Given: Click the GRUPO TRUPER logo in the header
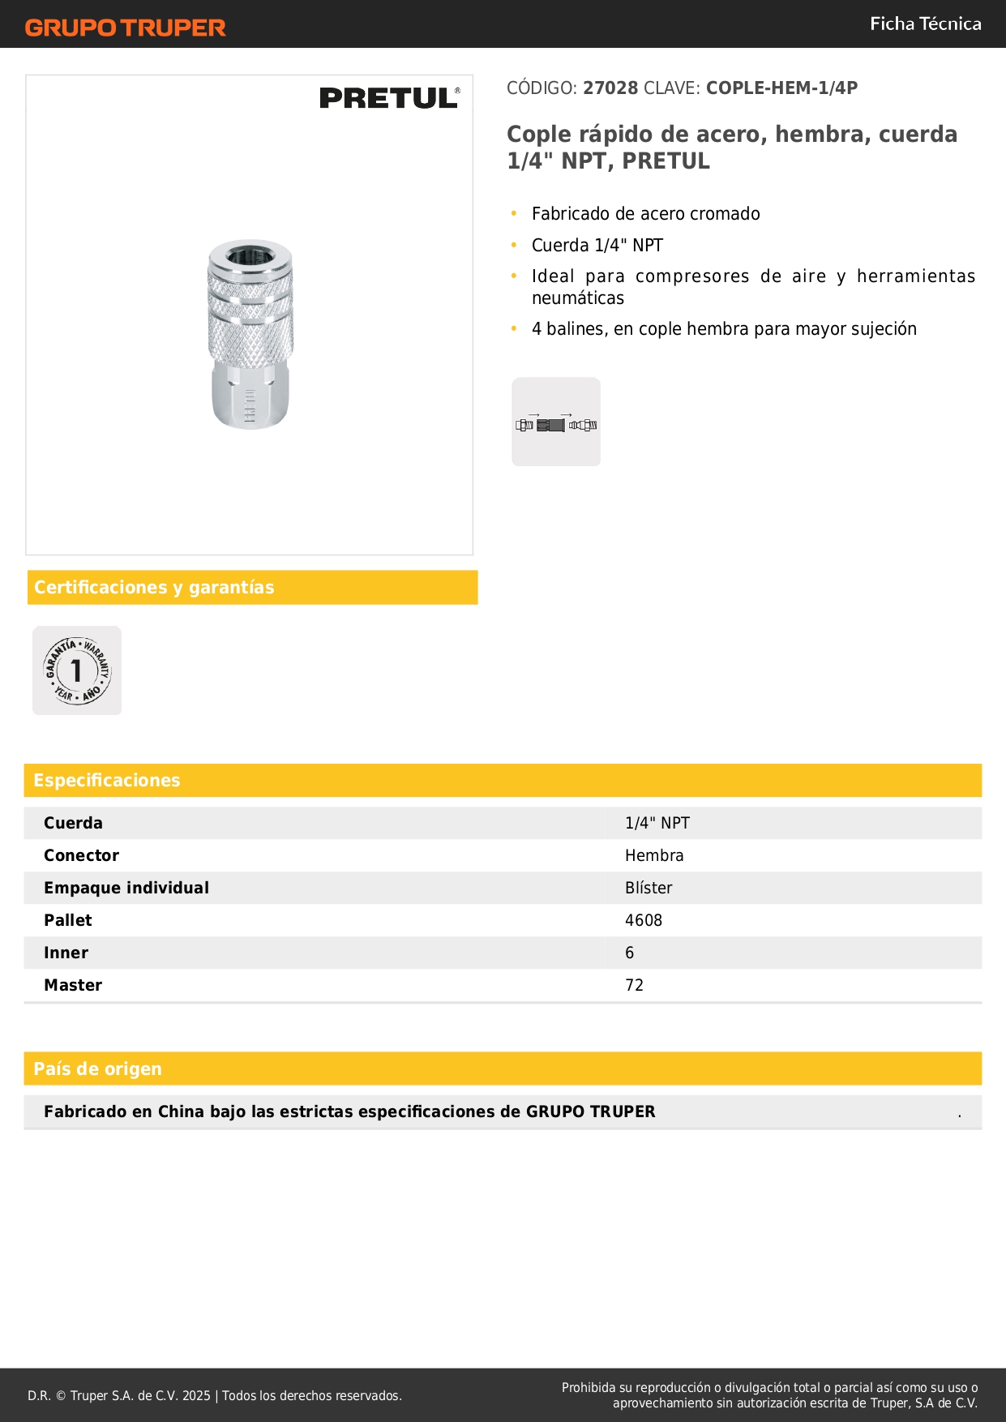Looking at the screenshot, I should click(126, 28).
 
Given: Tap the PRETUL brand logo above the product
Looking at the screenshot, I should click(389, 98).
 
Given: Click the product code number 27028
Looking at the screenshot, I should click(610, 88).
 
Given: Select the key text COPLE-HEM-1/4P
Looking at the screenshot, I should click(781, 88).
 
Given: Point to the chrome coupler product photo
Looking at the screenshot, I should click(250, 334).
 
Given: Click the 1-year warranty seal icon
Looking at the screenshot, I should click(77, 670).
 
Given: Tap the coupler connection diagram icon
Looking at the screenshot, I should click(556, 422).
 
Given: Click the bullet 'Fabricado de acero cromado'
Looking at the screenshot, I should click(645, 214).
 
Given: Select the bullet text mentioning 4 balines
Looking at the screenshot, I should click(724, 329).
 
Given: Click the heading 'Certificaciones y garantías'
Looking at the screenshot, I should click(154, 588).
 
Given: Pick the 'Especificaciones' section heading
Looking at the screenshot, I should click(107, 781).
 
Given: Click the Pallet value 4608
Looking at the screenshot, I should click(644, 920).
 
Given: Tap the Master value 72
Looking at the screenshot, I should click(634, 985).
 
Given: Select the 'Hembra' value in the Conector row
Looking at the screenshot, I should click(654, 855).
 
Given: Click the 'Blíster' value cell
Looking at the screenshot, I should click(649, 888).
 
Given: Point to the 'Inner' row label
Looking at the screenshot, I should click(66, 953).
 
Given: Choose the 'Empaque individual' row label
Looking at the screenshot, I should click(126, 888).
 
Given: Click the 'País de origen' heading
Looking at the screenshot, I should click(97, 1069).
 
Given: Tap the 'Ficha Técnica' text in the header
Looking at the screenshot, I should click(925, 24).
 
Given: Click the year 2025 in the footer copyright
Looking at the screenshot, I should click(196, 1396).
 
